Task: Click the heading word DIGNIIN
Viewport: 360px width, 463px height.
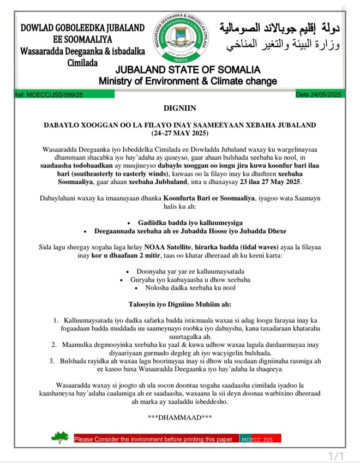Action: [179, 109]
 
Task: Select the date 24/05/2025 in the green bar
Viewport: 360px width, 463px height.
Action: [325, 94]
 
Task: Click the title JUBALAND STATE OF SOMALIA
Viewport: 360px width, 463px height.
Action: [188, 70]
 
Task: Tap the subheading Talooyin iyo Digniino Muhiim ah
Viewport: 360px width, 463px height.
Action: [179, 304]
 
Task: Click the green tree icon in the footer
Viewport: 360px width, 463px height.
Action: [60, 437]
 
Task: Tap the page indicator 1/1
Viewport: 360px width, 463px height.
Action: [336, 455]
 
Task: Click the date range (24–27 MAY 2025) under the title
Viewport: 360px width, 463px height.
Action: [179, 133]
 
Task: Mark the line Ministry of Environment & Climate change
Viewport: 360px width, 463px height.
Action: [188, 81]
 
